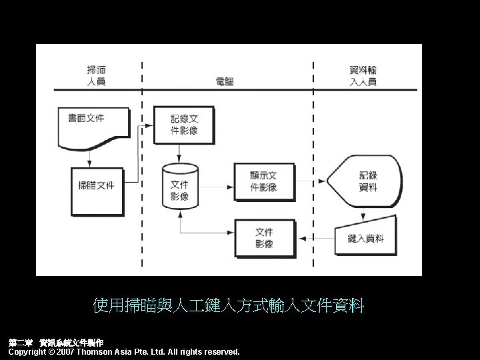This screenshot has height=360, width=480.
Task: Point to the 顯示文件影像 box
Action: pyautogui.click(x=263, y=181)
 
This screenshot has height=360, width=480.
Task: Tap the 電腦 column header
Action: pyautogui.click(x=224, y=81)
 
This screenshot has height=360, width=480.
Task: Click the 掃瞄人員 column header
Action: pyautogui.click(x=97, y=75)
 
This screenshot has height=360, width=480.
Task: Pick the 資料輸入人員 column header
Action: pyautogui.click(x=363, y=75)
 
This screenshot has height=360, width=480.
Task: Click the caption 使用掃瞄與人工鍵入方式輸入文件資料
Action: pyautogui.click(x=229, y=306)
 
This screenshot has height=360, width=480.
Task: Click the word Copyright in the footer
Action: pyautogui.click(x=26, y=351)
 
